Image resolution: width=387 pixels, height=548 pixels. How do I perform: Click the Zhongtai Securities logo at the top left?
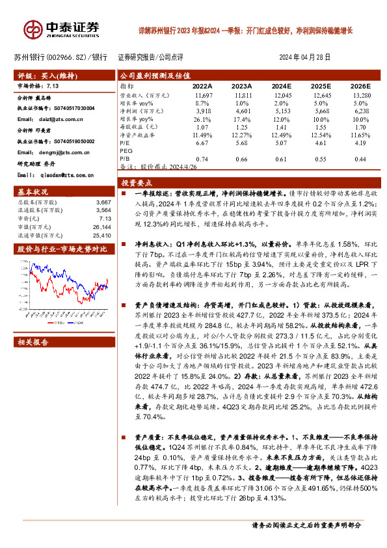62,27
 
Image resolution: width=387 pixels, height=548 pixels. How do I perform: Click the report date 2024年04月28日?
309,57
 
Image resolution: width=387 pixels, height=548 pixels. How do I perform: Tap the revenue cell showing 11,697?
203,95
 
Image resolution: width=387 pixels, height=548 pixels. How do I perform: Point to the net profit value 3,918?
203,111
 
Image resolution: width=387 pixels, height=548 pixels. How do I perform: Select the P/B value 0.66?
241,159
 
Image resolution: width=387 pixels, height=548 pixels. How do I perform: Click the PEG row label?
126,151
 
